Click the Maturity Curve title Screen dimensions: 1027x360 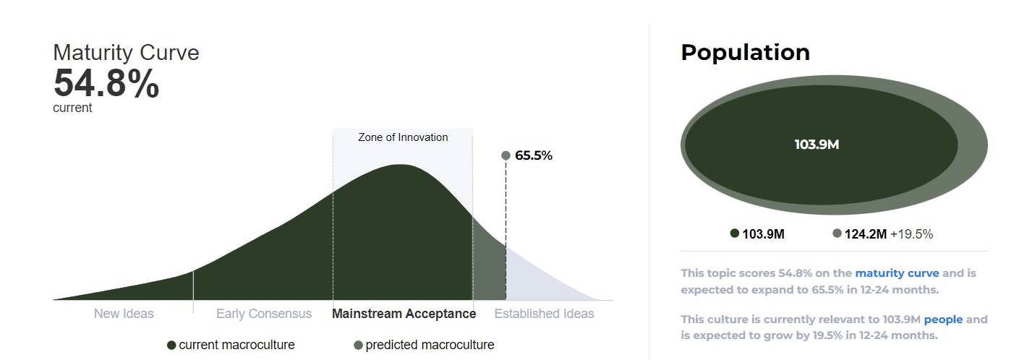point(126,53)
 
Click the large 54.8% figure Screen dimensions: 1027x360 point(106,83)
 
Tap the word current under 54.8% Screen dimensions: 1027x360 point(72,108)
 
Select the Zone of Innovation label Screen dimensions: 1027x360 point(403,137)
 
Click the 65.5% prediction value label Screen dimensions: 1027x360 point(534,155)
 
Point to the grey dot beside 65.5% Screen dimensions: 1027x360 point(506,155)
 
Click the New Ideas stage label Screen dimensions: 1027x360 point(124,314)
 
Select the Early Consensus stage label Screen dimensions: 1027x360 point(264,314)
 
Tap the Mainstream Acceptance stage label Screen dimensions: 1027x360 point(404,314)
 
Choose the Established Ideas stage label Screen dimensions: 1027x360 point(544,314)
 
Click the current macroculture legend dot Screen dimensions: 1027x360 point(171,346)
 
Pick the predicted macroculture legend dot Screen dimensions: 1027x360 point(359,346)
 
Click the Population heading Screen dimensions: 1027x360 point(746,53)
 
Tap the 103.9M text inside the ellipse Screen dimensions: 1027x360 point(817,145)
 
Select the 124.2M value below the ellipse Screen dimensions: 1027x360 point(866,234)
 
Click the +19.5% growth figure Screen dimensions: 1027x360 point(911,234)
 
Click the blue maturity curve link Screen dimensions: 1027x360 point(898,273)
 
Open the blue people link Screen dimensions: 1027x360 point(943,320)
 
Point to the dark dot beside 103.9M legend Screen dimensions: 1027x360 point(735,233)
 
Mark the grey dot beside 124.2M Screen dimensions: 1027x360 point(838,233)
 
